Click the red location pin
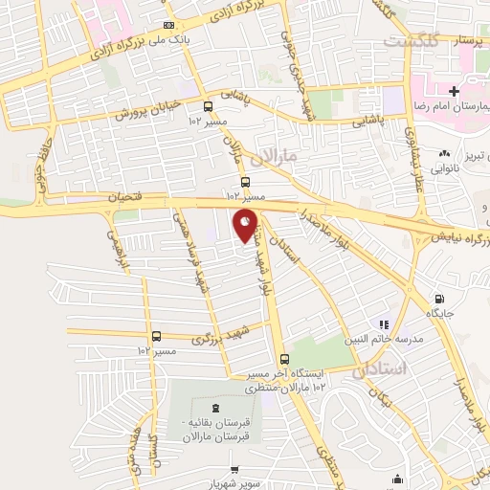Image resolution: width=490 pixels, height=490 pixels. [246, 227]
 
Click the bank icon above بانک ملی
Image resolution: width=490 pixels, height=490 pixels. [168, 25]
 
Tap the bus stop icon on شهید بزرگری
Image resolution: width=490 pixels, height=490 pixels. [155, 336]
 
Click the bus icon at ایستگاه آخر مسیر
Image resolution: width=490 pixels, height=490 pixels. [283, 358]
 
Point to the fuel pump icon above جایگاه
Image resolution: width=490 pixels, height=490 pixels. [438, 299]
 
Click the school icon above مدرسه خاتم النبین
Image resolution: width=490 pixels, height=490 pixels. [384, 326]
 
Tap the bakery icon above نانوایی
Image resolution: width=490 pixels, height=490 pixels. [443, 153]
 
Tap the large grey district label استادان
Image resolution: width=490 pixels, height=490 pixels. [380, 368]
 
